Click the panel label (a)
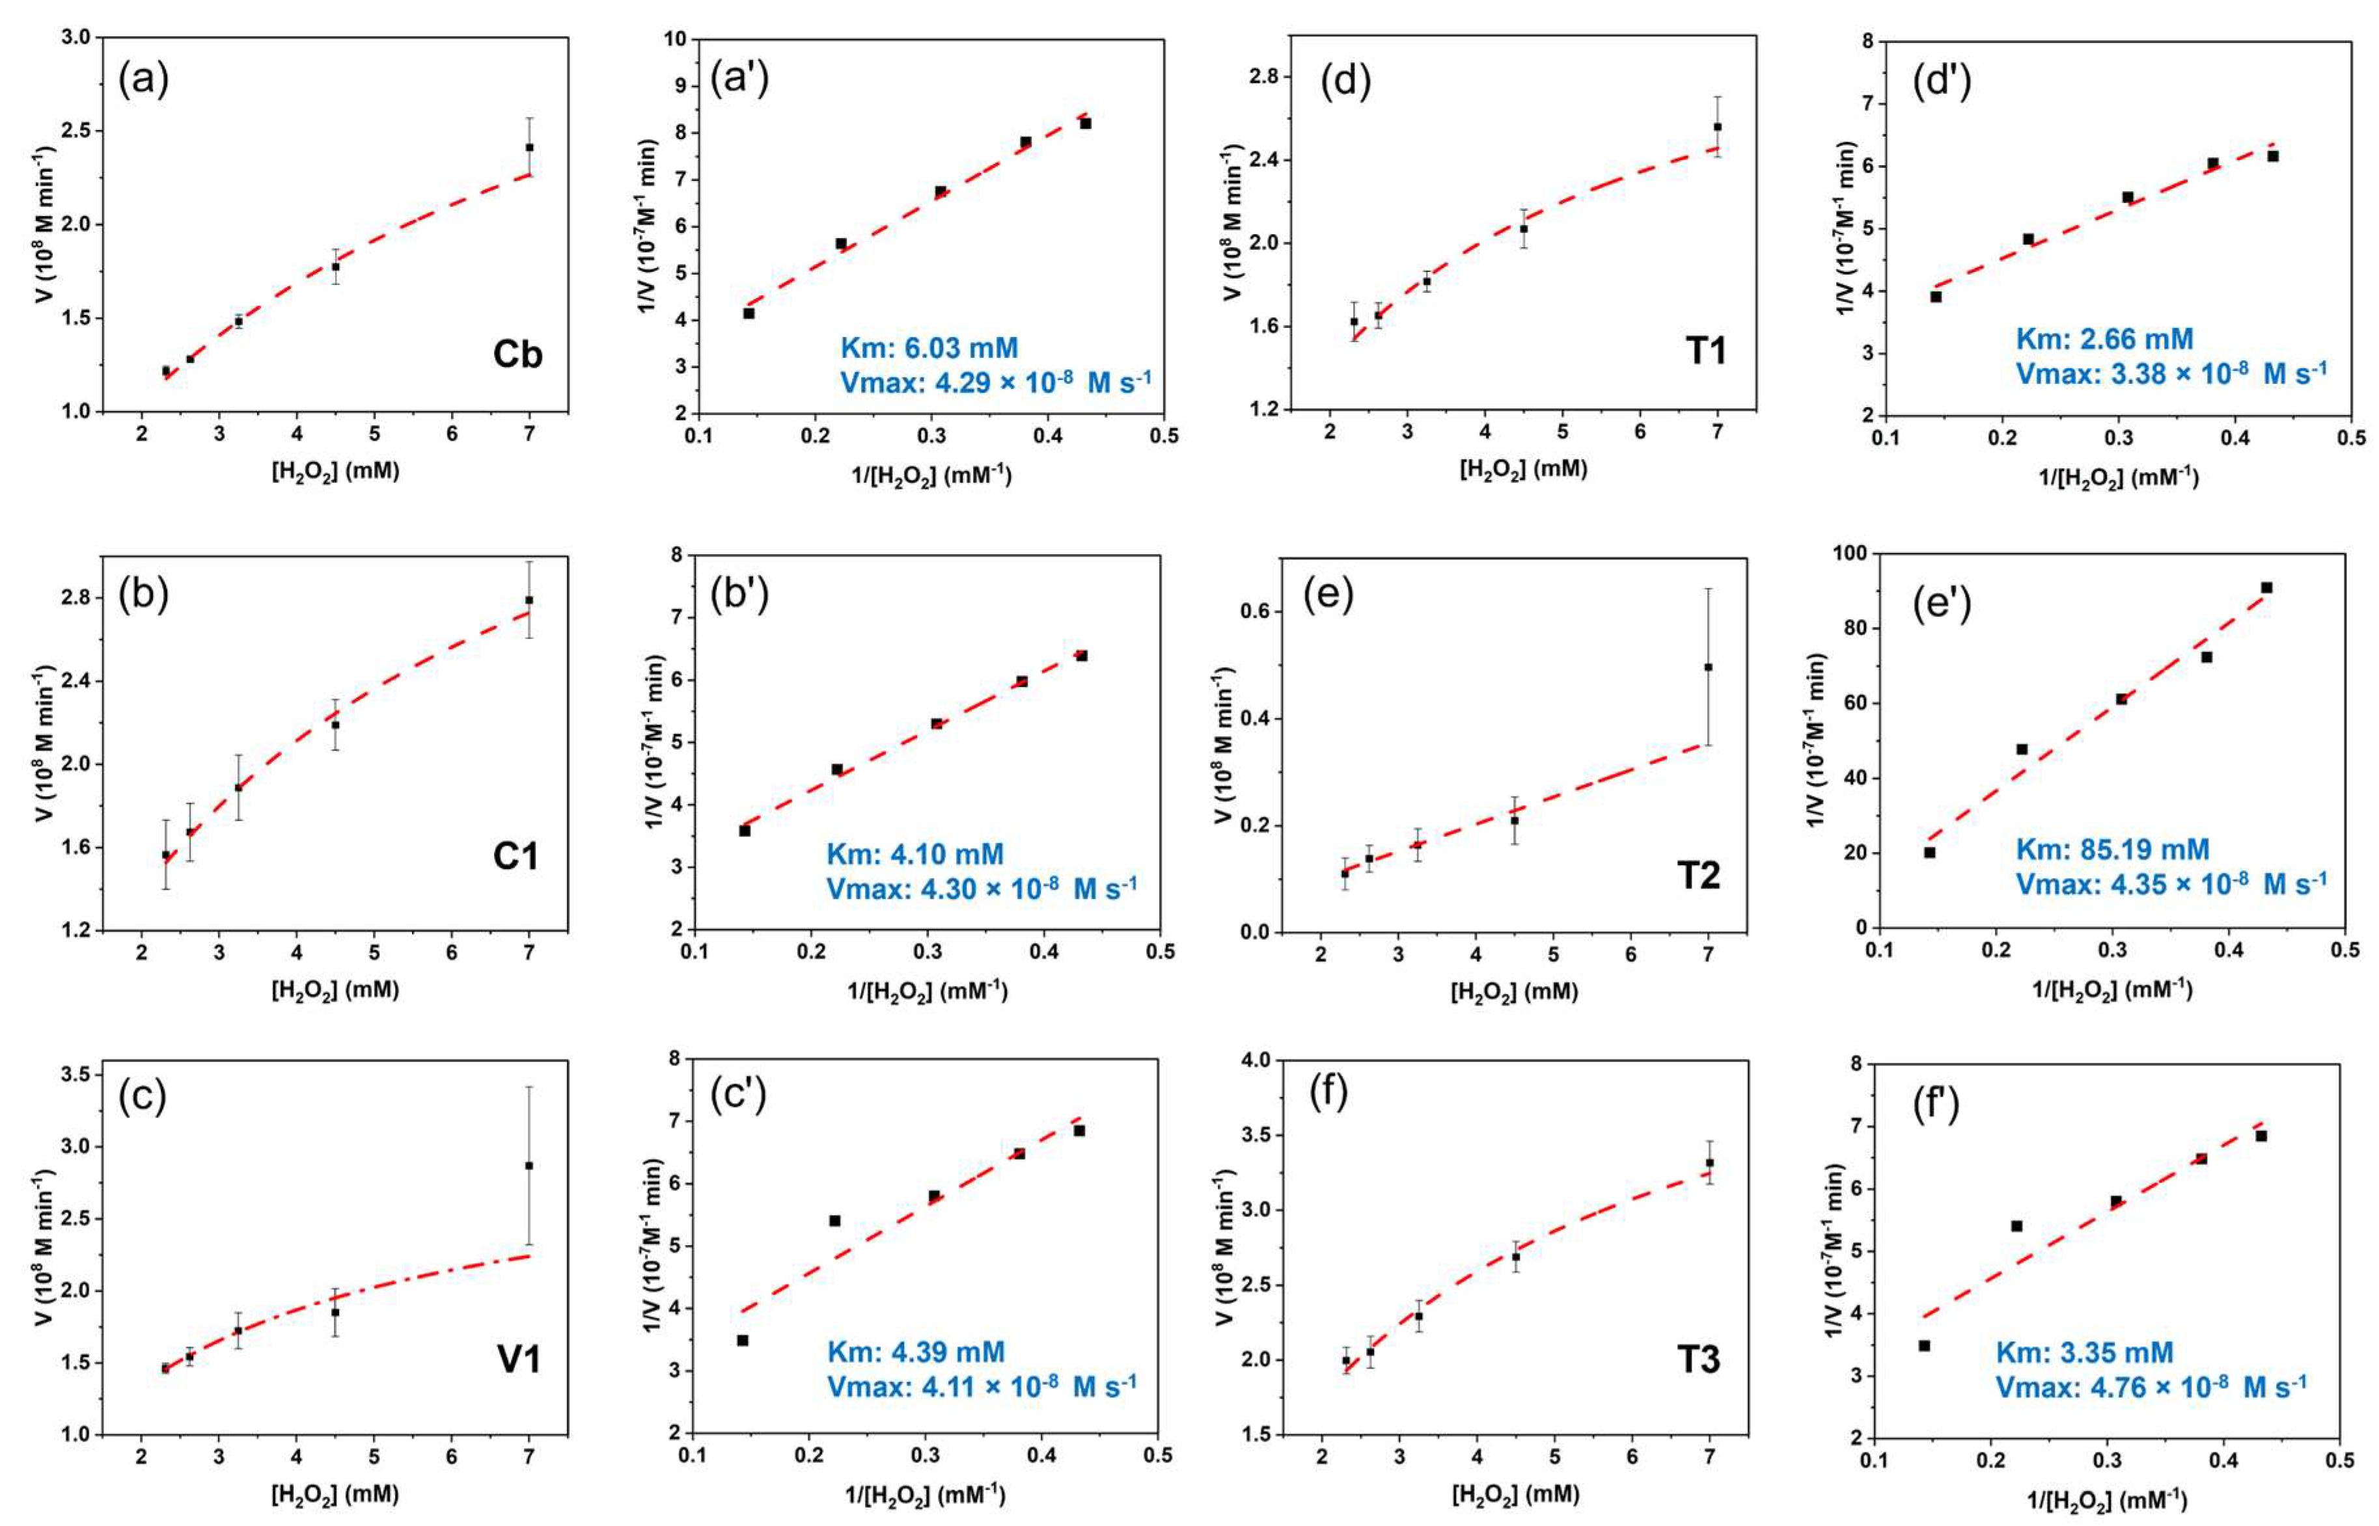(x=144, y=79)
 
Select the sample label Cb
(x=517, y=354)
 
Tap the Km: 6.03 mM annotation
(x=929, y=348)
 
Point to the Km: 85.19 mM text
(x=2112, y=850)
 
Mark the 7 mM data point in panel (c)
(x=529, y=1165)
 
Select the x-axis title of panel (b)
(x=335, y=989)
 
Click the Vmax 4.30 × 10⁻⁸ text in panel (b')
(x=982, y=889)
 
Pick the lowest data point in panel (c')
(x=741, y=1340)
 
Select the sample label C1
(x=516, y=856)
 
